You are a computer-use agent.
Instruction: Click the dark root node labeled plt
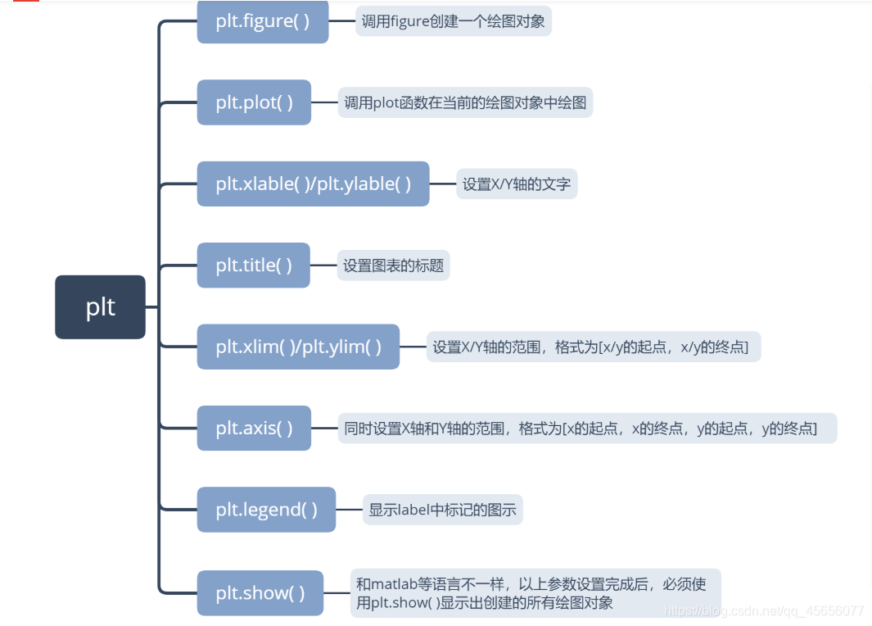coord(100,307)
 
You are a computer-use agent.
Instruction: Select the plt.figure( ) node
coord(262,21)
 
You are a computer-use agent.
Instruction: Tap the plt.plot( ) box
coord(254,102)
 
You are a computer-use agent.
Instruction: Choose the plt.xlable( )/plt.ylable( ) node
coord(313,184)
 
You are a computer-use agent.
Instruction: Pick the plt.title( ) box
coord(253,265)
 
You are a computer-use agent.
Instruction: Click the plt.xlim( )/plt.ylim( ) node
coord(298,347)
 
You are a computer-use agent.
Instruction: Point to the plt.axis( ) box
coord(254,428)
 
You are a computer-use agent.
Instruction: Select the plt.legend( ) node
coord(266,510)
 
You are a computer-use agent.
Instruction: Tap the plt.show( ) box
coord(260,592)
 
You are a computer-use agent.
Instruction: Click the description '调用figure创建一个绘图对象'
coord(453,21)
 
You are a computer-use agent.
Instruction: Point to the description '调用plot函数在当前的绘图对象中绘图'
coord(465,102)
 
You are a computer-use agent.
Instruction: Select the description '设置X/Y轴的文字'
coord(516,184)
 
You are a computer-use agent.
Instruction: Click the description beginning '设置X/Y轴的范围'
coord(593,347)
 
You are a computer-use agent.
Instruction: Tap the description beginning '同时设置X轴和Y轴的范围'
coord(587,428)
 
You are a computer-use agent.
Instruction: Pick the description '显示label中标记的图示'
coord(442,510)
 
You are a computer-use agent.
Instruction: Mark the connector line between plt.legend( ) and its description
coord(349,510)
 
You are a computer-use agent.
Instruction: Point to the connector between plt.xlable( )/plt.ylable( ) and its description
coord(442,184)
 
